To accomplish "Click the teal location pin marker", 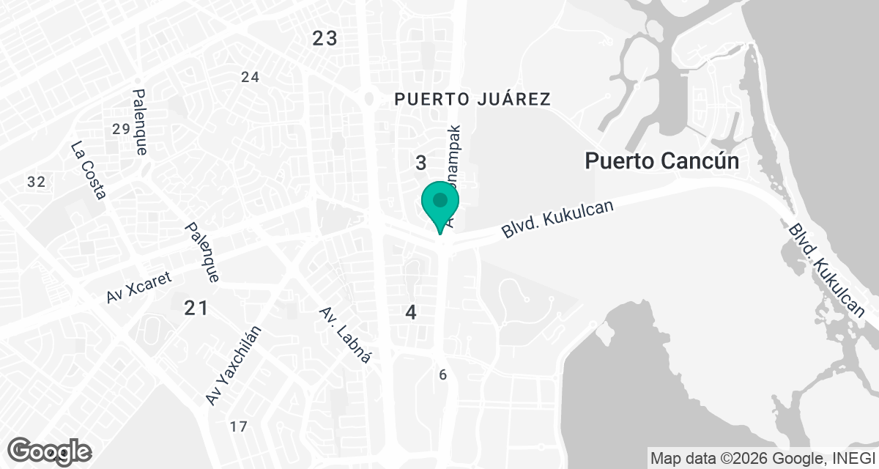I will pyautogui.click(x=440, y=203).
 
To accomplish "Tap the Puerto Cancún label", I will pyautogui.click(x=661, y=161).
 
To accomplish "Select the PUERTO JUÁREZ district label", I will pyautogui.click(x=472, y=99).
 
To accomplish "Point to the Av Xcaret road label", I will pyautogui.click(x=138, y=287).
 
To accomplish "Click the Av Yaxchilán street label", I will pyautogui.click(x=234, y=365).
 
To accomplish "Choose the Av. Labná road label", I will pyautogui.click(x=346, y=335).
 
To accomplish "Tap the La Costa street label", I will pyautogui.click(x=89, y=170).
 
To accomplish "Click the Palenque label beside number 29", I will pyautogui.click(x=141, y=122).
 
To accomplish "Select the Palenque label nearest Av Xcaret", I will pyautogui.click(x=202, y=253).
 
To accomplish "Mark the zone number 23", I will pyautogui.click(x=324, y=38).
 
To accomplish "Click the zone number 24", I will pyautogui.click(x=251, y=77).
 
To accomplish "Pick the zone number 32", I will pyautogui.click(x=36, y=182).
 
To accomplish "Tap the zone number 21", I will pyautogui.click(x=196, y=309).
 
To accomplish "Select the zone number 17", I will pyautogui.click(x=238, y=426).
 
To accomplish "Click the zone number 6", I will pyautogui.click(x=442, y=375).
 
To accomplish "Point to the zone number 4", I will pyautogui.click(x=411, y=313).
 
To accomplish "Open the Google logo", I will pyautogui.click(x=50, y=451).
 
